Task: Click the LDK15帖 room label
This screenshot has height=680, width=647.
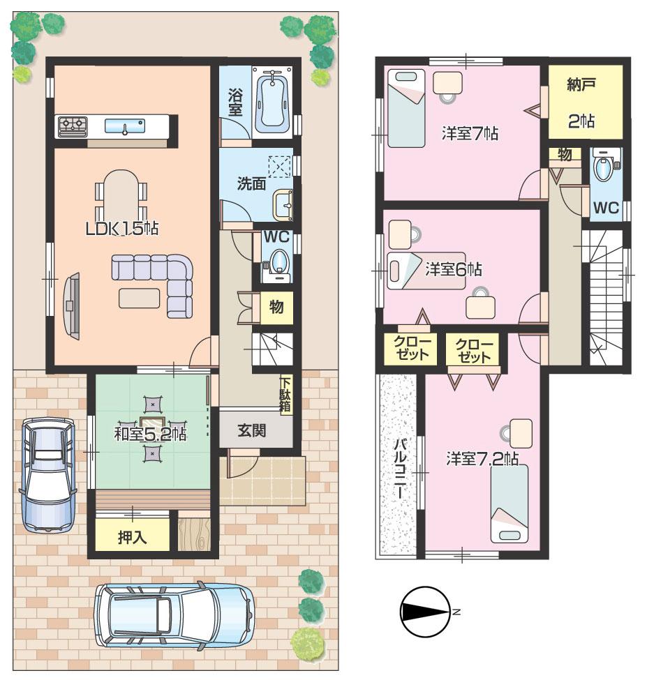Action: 121,228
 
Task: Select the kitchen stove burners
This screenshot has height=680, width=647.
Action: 73,126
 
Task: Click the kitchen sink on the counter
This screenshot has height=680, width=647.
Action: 124,126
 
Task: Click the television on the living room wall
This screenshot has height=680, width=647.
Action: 70,304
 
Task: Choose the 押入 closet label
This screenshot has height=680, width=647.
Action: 131,538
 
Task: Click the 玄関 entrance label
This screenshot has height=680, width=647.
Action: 252,430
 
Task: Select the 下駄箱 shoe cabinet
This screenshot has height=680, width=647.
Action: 285,395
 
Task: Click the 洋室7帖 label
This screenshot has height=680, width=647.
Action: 469,133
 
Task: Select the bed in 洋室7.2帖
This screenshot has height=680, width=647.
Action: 509,502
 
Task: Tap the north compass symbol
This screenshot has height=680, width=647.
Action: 426,612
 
